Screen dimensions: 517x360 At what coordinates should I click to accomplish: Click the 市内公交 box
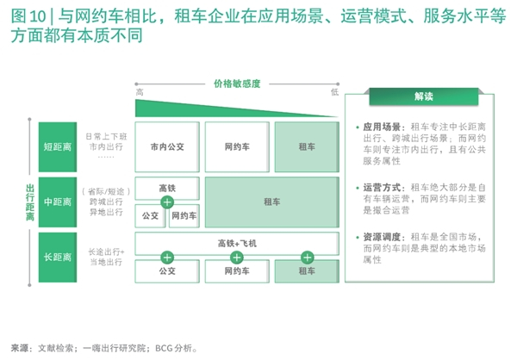pos(167,146)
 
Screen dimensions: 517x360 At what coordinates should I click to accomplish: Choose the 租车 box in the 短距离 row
pos(305,146)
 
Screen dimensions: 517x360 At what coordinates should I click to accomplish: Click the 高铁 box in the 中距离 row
pos(167,188)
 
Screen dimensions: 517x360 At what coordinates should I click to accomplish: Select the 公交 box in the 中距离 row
pos(148,215)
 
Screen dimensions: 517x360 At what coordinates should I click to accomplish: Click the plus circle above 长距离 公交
pos(167,256)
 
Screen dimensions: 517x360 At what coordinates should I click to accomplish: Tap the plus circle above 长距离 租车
pos(305,256)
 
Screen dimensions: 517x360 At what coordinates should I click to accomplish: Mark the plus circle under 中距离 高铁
pos(167,202)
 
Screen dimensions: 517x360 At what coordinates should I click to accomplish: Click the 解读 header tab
pos(422,96)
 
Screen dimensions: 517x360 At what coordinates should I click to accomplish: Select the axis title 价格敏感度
pos(237,83)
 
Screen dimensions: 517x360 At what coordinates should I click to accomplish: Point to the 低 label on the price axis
pos(334,92)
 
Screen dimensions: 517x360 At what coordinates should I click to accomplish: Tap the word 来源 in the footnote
pos(18,348)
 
